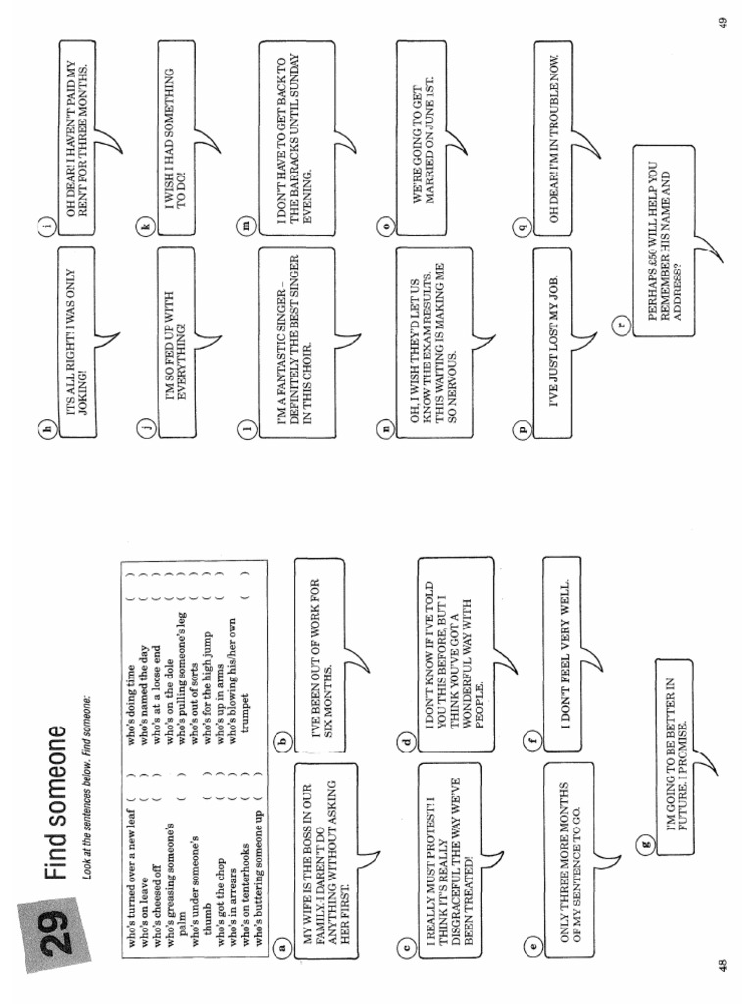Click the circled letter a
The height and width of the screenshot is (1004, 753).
(x=282, y=947)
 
